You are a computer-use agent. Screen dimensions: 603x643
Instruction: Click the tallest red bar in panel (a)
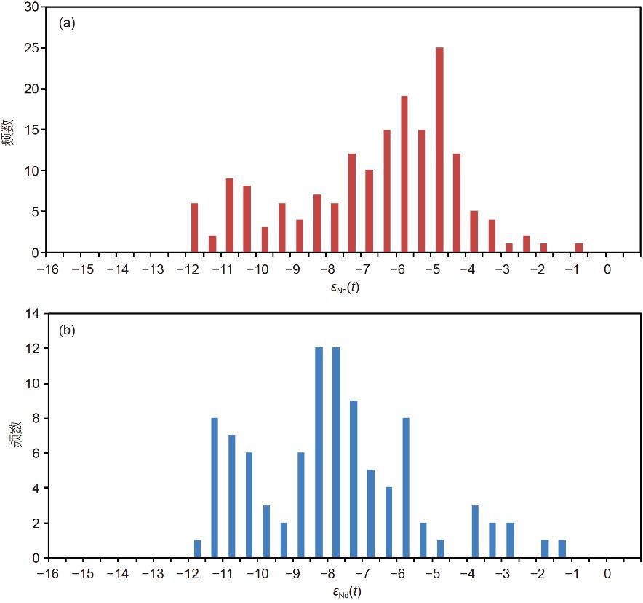tap(439, 150)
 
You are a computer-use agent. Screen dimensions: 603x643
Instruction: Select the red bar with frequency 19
tap(404, 175)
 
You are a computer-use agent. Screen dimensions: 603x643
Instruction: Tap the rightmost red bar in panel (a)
tap(579, 248)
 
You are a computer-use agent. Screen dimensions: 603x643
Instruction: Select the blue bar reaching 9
tap(354, 479)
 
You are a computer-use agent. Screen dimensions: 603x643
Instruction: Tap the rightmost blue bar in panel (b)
tap(562, 549)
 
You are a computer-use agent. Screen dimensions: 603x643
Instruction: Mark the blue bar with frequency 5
tap(371, 514)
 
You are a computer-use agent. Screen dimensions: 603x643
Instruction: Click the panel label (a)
tap(67, 23)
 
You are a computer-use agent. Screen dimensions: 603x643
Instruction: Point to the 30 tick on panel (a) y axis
tap(33, 8)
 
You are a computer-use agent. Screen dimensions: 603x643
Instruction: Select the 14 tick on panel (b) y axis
tap(33, 314)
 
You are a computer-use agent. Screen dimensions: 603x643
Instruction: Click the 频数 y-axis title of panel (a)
tap(9, 131)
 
